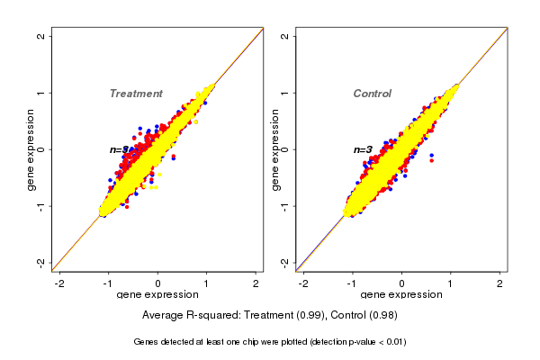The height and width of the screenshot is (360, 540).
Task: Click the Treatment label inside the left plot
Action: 136,94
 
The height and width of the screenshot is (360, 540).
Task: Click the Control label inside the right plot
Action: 372,94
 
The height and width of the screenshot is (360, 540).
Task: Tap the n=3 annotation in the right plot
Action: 363,149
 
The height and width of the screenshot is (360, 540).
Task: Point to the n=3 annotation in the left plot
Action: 119,149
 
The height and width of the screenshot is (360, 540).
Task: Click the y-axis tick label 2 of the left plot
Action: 40,37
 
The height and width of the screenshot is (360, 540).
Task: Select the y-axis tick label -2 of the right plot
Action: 284,262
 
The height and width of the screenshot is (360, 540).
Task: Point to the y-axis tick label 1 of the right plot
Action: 284,93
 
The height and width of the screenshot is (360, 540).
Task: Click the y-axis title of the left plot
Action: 31,149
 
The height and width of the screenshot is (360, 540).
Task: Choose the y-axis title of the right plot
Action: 274,149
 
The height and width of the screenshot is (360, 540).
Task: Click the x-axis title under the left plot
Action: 157,295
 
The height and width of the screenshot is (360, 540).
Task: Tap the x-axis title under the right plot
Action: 401,295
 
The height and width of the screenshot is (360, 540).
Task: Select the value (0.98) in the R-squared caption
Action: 382,315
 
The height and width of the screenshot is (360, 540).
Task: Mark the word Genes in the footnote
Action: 147,342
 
